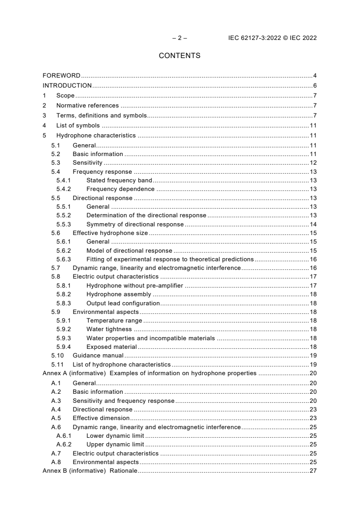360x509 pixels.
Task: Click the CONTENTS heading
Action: [x=179, y=56]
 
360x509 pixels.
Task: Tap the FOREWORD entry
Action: [x=61, y=75]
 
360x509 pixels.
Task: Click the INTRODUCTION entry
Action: [x=67, y=85]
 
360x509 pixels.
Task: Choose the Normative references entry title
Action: [x=87, y=106]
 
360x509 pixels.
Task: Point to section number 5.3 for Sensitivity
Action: [x=55, y=163]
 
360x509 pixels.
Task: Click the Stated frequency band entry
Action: [x=119, y=181]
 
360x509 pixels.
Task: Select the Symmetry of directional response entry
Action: [x=135, y=225]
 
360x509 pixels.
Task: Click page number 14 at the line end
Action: [x=313, y=225]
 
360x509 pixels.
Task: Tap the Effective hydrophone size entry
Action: [x=110, y=233]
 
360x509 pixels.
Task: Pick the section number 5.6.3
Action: [x=64, y=259]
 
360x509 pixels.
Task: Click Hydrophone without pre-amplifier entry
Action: [x=135, y=286]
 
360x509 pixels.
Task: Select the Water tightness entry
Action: [x=109, y=329]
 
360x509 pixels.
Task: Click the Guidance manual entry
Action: [x=98, y=356]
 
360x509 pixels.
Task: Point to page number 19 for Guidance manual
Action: [x=313, y=356]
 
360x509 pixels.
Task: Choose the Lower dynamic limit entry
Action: [x=115, y=436]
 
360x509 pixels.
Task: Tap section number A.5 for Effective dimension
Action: [x=56, y=418]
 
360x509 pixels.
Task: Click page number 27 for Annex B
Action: [x=313, y=471]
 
